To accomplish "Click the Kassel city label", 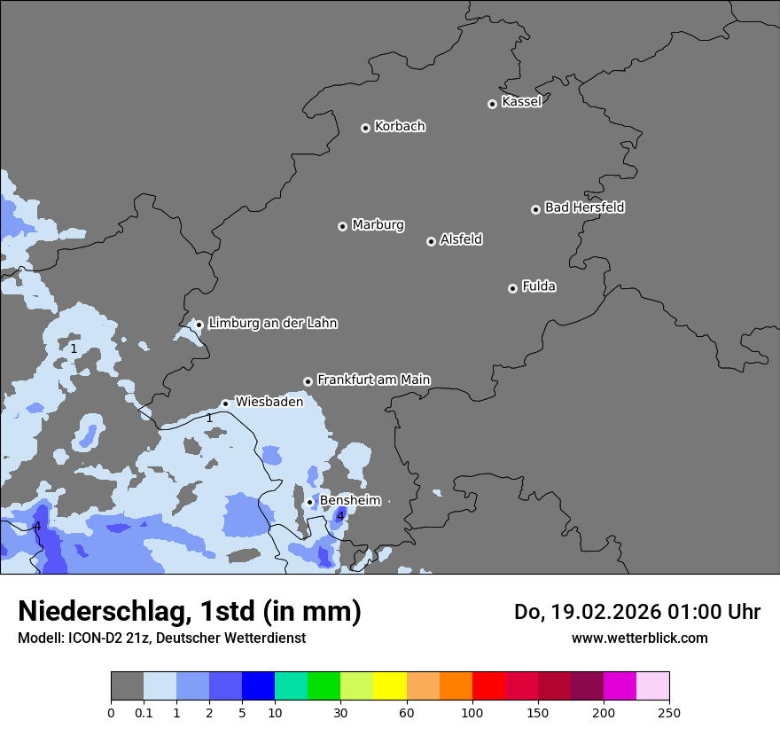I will pos(521,102).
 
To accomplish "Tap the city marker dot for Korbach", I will pos(365,128).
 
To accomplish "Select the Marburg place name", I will pos(378,225).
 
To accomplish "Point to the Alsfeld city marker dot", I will pos(431,241).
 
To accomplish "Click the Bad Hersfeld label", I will pos(584,207).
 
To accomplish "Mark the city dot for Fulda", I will pos(512,288).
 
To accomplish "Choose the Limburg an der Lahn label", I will pos(272,324).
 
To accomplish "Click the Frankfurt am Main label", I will pos(373,380).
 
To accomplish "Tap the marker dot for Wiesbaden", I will pos(225,403).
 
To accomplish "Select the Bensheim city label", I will pos(350,500).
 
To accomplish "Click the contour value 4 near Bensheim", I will pos(339,516).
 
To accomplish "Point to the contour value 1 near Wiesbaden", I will pos(209,418).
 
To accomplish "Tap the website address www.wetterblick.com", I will pos(639,638).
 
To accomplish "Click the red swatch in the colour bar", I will pos(488,686).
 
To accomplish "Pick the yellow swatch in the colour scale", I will pos(390,686).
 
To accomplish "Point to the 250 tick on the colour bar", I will pos(669,712).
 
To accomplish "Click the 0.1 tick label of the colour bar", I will pos(144,712).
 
